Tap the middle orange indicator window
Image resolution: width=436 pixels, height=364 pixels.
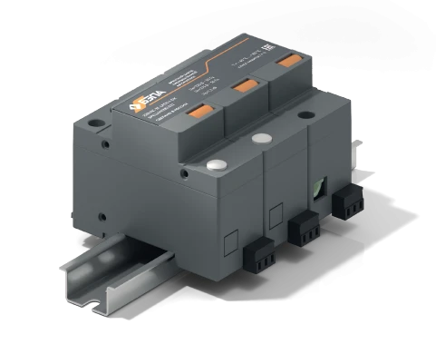(x=242, y=87)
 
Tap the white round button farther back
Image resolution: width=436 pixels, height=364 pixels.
(x=264, y=139)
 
